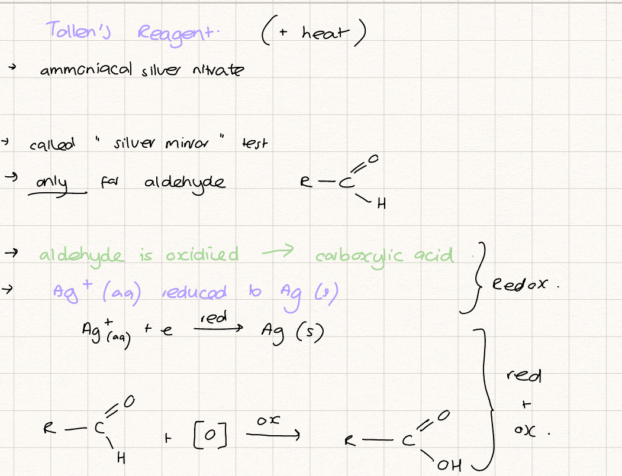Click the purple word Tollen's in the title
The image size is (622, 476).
tap(79, 30)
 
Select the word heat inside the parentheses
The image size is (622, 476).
tap(325, 33)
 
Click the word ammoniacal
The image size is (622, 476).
tap(86, 69)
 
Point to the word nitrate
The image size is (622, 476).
tap(218, 70)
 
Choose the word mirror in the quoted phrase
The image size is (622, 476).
tap(186, 143)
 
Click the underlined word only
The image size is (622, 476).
tap(51, 183)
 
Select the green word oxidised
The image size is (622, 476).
tap(202, 254)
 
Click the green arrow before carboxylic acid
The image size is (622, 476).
tap(278, 251)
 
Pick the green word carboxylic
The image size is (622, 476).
tap(359, 257)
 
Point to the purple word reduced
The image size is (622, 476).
tap(194, 292)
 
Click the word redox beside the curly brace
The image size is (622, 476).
tap(520, 284)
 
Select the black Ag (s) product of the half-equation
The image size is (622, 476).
tap(292, 333)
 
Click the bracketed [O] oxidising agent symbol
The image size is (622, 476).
tap(210, 435)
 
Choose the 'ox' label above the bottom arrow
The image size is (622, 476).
tap(269, 420)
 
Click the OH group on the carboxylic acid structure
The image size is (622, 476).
tap(449, 465)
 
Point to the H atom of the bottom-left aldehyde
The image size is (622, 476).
tap(121, 459)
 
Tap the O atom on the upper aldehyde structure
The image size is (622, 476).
tap(373, 159)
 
